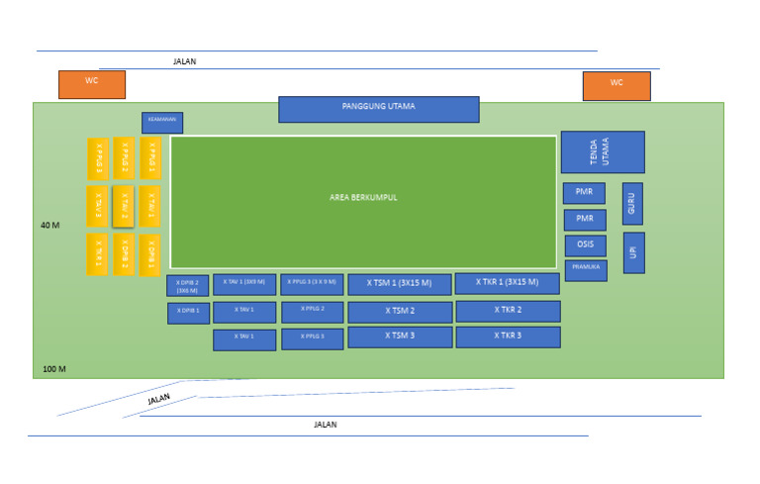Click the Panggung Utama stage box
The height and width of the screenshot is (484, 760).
coord(378,109)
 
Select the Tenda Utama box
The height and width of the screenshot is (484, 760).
coord(602,151)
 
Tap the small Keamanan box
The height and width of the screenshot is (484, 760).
coord(161,122)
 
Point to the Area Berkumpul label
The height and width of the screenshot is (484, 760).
coord(363,198)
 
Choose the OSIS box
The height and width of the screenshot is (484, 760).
coord(585,245)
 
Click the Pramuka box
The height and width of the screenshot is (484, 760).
coord(585,269)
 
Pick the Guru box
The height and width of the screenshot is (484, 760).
coord(632,203)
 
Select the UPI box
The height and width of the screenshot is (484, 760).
coord(633,252)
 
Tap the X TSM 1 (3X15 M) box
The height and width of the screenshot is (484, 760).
coord(399,284)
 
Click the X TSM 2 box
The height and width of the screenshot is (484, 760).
coord(399,311)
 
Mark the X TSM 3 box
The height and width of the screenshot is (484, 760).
coord(399,337)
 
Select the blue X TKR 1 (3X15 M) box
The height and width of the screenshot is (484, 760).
coord(507,283)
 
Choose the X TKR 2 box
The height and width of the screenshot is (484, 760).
coord(508,311)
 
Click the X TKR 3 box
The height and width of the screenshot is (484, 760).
coord(508,337)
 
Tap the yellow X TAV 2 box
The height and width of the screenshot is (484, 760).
coord(124,207)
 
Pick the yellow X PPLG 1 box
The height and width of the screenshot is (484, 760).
coord(149,157)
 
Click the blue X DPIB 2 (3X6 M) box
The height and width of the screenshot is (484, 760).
coord(187,286)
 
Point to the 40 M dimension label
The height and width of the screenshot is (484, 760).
coord(50,226)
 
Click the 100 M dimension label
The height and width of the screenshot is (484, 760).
coord(54,369)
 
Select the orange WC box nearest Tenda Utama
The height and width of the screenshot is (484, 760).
coord(616,86)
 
